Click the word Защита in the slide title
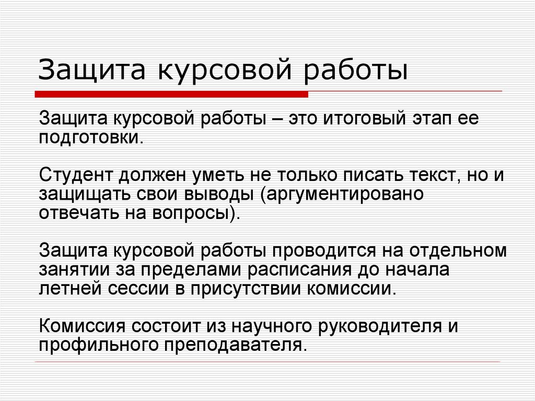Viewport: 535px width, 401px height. coord(92,71)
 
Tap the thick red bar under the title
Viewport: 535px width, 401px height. coord(171,94)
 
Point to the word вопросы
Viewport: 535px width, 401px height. coord(193,214)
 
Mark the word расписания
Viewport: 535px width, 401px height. coord(298,270)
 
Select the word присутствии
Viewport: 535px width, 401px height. coord(246,289)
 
